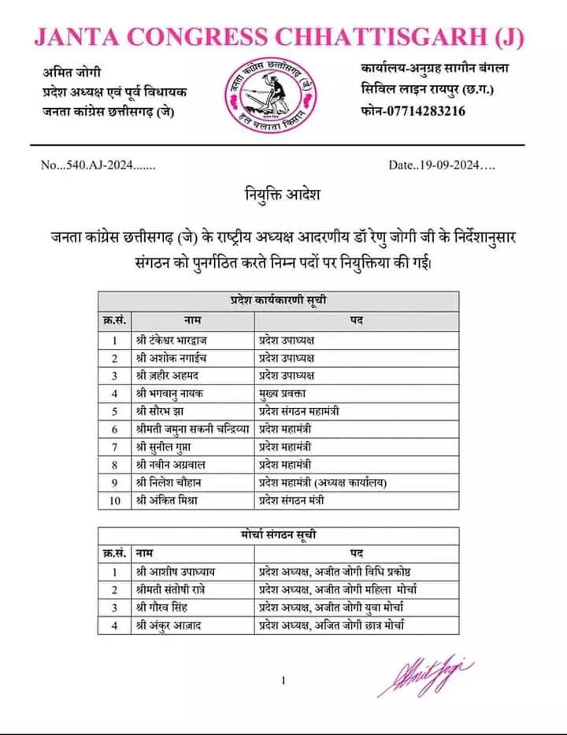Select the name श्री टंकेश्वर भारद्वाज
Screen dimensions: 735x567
click(x=175, y=340)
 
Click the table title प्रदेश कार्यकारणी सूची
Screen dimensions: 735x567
click(x=279, y=301)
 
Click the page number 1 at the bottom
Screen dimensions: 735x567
click(x=282, y=681)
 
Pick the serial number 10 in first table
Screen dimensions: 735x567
click(x=114, y=499)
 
